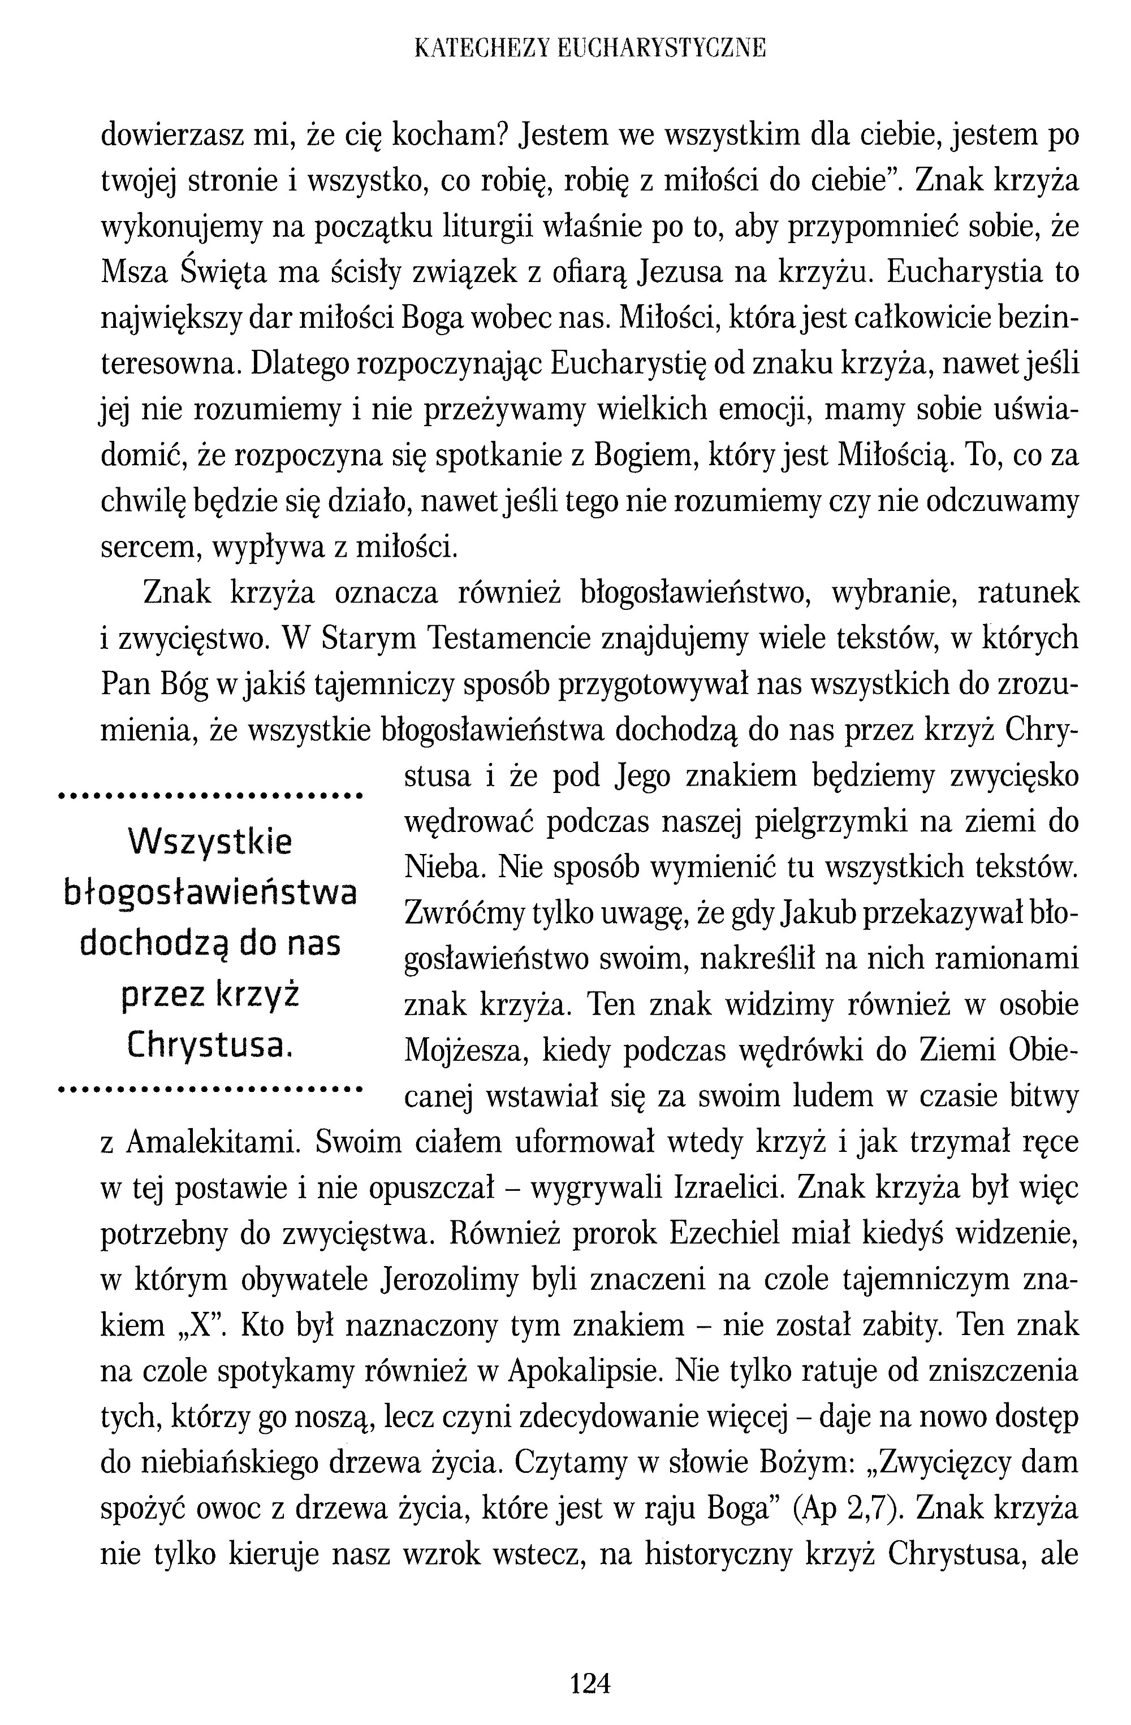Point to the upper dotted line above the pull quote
click(210, 796)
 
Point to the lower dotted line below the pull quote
click(210, 1089)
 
